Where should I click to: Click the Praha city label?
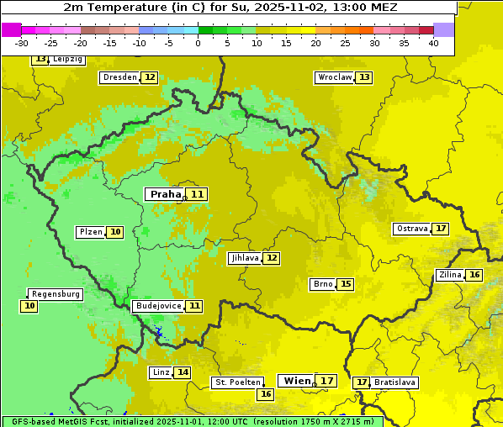(165, 194)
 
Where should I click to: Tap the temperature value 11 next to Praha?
(197, 194)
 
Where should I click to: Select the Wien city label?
(296, 381)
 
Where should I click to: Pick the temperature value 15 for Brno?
(346, 284)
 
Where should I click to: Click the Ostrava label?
(411, 229)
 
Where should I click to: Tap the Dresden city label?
(119, 77)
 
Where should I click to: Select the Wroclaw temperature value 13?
(363, 77)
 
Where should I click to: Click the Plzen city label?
(90, 232)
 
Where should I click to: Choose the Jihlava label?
(244, 258)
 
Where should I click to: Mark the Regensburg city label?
(56, 294)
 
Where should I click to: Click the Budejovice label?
(157, 306)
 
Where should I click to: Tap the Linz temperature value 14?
(183, 372)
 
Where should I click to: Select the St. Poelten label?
(236, 382)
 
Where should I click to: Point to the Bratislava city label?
(394, 382)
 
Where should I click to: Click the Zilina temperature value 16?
(474, 275)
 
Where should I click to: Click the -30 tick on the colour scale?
(22, 43)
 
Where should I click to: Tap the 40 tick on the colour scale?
(432, 43)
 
